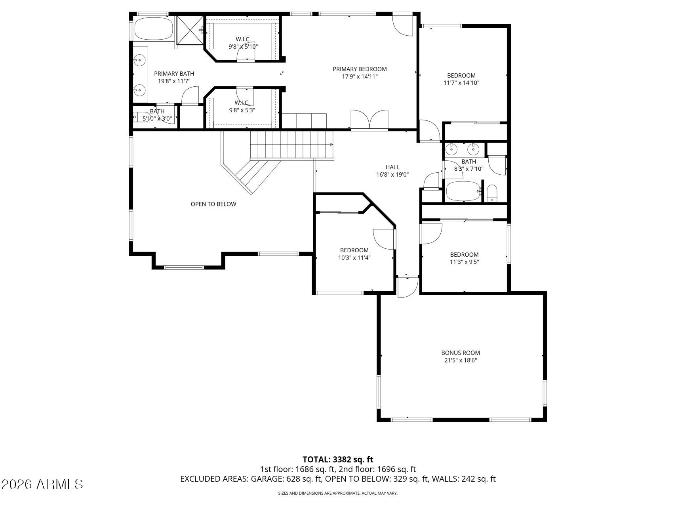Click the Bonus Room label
(x=461, y=353)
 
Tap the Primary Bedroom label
(x=360, y=69)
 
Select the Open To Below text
(x=213, y=204)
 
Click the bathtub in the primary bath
(x=154, y=29)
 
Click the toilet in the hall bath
(x=492, y=193)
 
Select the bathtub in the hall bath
(x=463, y=191)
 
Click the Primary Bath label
(x=174, y=74)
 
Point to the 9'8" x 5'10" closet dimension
(x=243, y=46)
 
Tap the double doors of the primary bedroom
(x=369, y=120)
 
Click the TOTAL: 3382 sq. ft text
(x=338, y=459)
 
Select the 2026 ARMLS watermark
(x=42, y=484)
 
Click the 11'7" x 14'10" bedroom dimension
(x=461, y=83)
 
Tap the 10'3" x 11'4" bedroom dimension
(x=354, y=257)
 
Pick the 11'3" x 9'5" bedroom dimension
(x=464, y=262)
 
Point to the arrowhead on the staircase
(x=331, y=145)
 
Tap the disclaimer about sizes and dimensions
(x=338, y=493)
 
